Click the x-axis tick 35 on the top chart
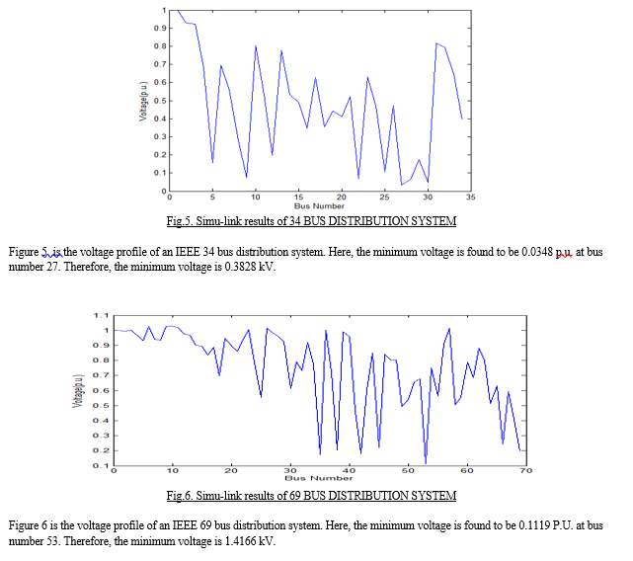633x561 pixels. coord(470,198)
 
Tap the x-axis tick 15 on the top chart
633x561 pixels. coord(298,198)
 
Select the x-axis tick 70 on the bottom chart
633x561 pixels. coord(524,471)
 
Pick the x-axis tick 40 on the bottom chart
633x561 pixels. coord(349,471)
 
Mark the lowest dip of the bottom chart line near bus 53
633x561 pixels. coord(426,462)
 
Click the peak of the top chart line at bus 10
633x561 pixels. coord(256,46)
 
